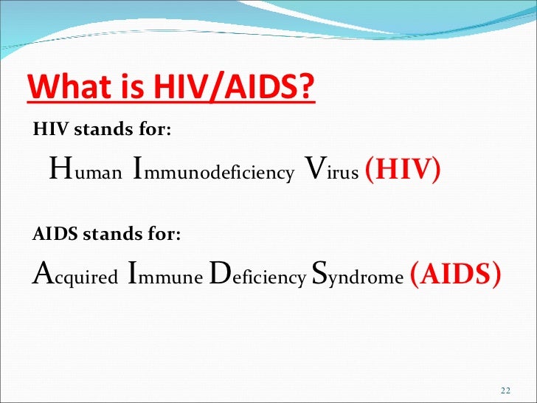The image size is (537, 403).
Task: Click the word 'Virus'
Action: point(331,171)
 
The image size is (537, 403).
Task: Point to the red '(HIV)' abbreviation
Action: point(403,170)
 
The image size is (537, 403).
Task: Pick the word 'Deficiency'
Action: point(257,275)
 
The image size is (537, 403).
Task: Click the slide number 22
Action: point(505,390)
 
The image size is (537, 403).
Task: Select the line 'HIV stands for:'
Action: point(103,130)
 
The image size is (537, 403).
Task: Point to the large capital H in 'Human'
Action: point(60,169)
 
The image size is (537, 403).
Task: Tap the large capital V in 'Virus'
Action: point(313,169)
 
